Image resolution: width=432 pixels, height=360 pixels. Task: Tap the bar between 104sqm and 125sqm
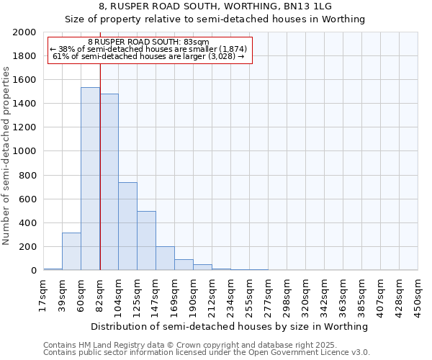click(x=127, y=226)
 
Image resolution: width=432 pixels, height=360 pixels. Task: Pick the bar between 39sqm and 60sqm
click(x=71, y=251)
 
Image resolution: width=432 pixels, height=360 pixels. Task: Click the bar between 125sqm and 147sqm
click(x=146, y=240)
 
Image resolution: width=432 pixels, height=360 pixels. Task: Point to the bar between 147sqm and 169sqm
click(x=165, y=258)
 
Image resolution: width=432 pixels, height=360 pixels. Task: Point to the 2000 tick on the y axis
click(x=26, y=32)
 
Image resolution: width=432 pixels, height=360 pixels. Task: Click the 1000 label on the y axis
click(x=26, y=152)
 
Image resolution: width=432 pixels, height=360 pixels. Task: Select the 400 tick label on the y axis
click(x=29, y=223)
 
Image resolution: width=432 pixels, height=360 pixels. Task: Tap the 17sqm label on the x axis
click(x=44, y=295)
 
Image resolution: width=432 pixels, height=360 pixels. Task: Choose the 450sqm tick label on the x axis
click(x=418, y=295)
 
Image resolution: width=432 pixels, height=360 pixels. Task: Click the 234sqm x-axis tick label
click(x=231, y=295)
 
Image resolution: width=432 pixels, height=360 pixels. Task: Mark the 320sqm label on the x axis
click(x=306, y=295)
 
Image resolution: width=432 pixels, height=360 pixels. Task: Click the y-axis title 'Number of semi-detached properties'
click(x=7, y=156)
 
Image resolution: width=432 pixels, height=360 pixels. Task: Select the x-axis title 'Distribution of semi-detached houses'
click(x=230, y=326)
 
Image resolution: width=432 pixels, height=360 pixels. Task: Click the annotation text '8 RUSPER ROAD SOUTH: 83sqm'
click(x=148, y=42)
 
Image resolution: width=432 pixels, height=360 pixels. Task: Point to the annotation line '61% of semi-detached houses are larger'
click(x=148, y=56)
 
